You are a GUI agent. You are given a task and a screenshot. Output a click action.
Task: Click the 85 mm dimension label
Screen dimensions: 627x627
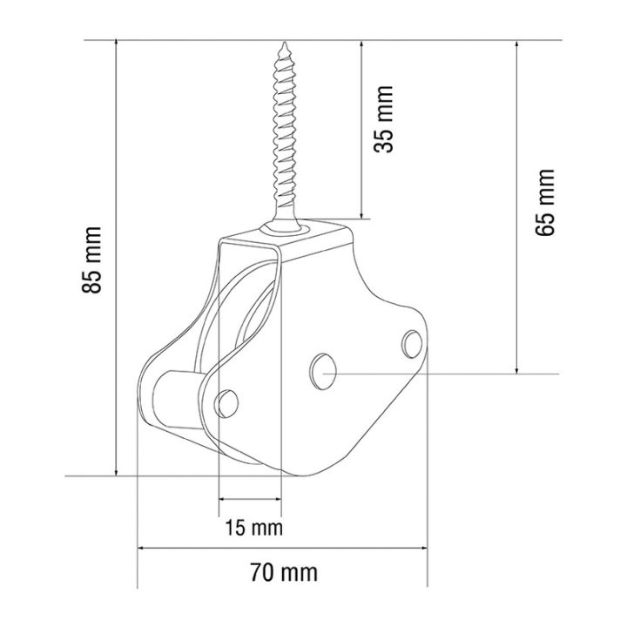91,260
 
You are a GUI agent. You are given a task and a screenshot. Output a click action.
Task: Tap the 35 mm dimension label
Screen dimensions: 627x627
383,119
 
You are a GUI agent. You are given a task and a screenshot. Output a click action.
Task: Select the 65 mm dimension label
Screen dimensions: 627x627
545,202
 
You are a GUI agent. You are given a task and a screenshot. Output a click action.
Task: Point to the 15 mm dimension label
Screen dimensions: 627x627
254,528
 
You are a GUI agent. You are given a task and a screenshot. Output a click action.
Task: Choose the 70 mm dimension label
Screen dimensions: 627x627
284,573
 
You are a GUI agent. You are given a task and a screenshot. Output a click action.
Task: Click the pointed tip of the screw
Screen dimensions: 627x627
285,44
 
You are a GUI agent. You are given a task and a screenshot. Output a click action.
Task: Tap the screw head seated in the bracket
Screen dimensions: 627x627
284,228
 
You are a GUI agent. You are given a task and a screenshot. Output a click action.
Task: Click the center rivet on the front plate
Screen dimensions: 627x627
323,371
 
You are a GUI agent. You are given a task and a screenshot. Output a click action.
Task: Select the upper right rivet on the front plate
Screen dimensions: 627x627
412,344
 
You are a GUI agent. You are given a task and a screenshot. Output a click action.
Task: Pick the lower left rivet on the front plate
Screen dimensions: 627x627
226,403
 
